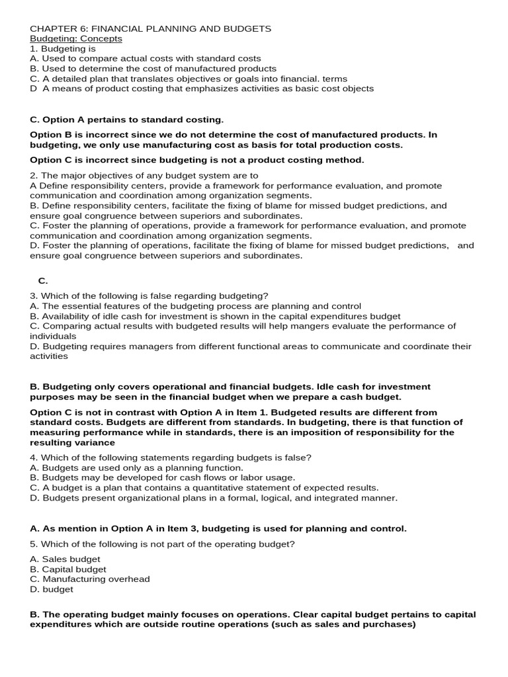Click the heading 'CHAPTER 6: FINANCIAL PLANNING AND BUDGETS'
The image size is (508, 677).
coord(151,29)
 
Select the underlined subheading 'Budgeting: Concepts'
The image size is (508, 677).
coord(76,39)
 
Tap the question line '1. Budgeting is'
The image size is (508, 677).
coord(63,49)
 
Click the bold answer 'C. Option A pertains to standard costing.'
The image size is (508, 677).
coord(127,120)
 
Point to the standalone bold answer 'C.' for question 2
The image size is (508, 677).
coord(43,281)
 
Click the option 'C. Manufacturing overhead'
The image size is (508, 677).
coord(90,579)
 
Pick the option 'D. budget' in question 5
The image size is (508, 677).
coord(52,589)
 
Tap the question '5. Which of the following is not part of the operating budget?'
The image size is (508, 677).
coord(162,544)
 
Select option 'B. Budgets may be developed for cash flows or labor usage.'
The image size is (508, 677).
coord(163,478)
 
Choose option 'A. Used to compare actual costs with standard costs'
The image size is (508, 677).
coord(146,59)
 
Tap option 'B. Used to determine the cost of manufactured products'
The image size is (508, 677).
coord(153,69)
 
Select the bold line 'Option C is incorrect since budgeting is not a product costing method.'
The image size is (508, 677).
coord(197,160)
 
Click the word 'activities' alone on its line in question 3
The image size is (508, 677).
coord(49,356)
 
